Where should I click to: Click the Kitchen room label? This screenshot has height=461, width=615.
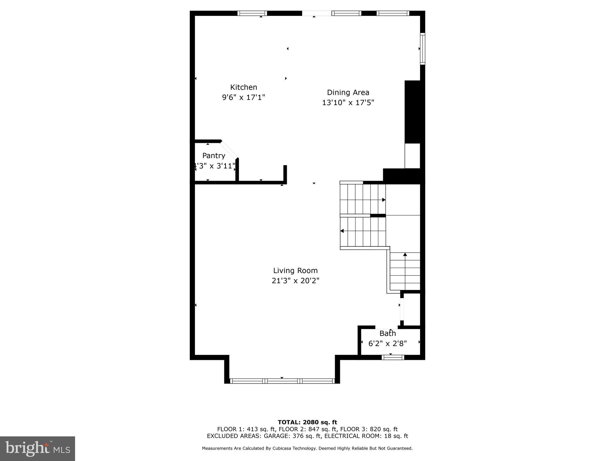tap(244, 87)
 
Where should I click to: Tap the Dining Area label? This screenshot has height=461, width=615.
tap(348, 92)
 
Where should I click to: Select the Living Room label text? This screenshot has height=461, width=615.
tap(295, 270)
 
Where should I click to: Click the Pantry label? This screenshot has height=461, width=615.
tap(214, 155)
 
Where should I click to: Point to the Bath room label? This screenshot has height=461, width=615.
tap(387, 333)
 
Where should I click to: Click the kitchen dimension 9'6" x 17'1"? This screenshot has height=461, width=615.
tap(244, 98)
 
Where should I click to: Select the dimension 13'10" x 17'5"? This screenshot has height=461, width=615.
tap(348, 103)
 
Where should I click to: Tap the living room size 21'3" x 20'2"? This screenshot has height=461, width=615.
tap(295, 281)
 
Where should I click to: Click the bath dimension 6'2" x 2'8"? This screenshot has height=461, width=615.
tap(387, 343)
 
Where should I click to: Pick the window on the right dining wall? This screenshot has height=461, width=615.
tap(422, 49)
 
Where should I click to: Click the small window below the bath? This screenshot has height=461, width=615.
tap(392, 357)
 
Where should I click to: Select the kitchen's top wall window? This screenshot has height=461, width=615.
tap(252, 13)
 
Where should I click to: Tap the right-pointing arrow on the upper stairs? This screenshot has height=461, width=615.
tap(383, 200)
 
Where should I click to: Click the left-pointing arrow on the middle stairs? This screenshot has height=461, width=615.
tap(342, 231)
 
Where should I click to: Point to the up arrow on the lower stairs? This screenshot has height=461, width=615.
tap(405, 255)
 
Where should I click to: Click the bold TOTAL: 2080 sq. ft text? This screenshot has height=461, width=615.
tap(307, 422)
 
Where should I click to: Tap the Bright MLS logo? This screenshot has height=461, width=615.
tap(38, 448)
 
